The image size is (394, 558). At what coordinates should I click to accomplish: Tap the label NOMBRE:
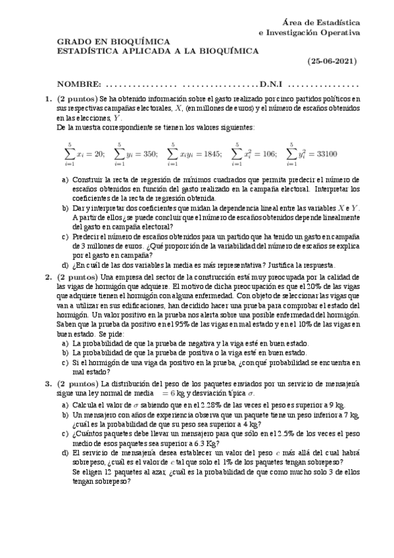pyautogui.click(x=79, y=84)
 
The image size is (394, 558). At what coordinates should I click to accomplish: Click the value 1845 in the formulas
pyautogui.click(x=210, y=155)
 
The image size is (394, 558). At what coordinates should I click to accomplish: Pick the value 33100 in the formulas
pyautogui.click(x=325, y=155)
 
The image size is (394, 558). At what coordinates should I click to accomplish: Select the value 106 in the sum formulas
pyautogui.click(x=270, y=155)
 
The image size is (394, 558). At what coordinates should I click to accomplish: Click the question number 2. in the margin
pyautogui.click(x=49, y=278)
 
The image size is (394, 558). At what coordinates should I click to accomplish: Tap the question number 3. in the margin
pyautogui.click(x=49, y=384)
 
